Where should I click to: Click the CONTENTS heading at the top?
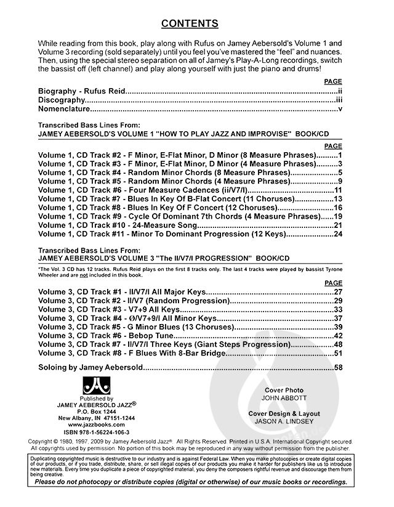(190, 24)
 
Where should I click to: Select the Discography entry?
(60, 100)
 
